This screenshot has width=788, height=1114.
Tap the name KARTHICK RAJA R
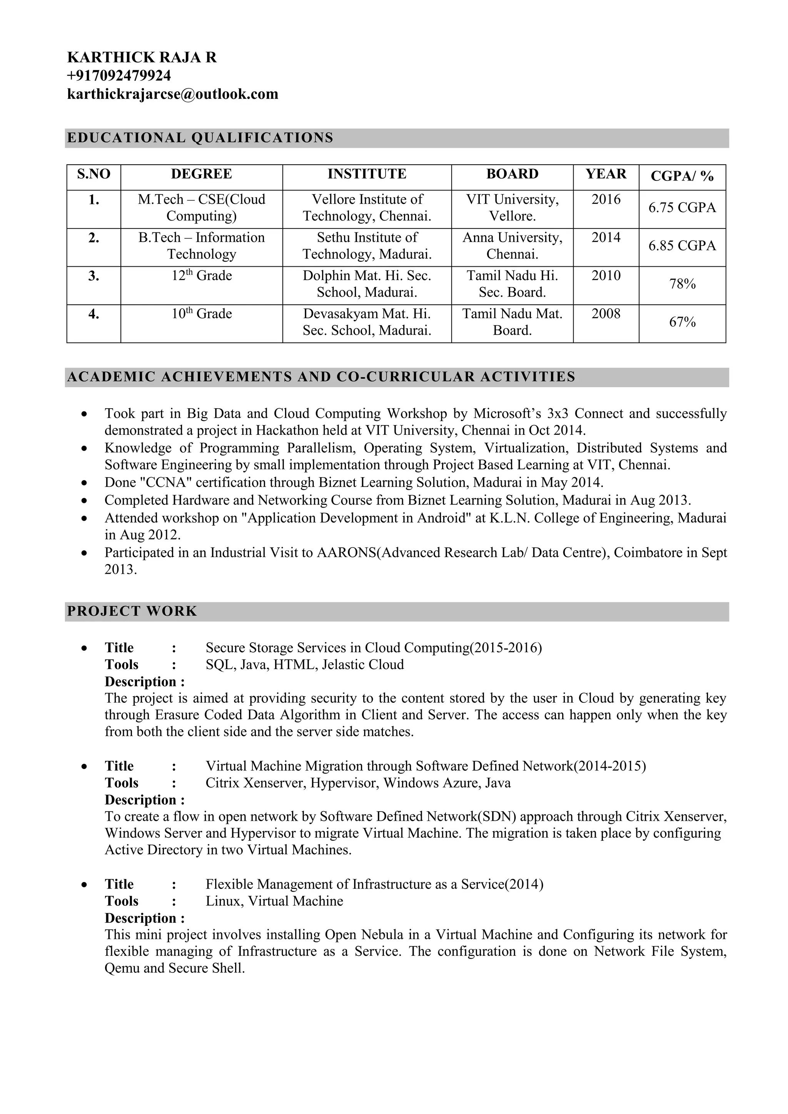(x=142, y=57)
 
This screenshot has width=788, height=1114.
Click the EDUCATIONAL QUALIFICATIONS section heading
(x=200, y=138)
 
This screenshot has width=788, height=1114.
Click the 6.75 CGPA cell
(x=682, y=208)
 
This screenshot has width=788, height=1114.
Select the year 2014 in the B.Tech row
(x=606, y=237)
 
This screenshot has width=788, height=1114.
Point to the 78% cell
(x=682, y=284)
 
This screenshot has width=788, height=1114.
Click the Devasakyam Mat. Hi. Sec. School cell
(x=367, y=322)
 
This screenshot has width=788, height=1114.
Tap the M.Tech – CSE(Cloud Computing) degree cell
(x=201, y=208)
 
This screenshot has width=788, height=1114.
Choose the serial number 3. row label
(x=93, y=276)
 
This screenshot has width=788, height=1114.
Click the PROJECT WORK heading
(x=132, y=611)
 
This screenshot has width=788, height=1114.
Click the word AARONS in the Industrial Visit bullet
(x=346, y=553)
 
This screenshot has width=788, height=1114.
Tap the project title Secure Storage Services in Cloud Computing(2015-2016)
(x=374, y=648)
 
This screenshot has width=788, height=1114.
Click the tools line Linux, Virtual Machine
(x=274, y=901)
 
